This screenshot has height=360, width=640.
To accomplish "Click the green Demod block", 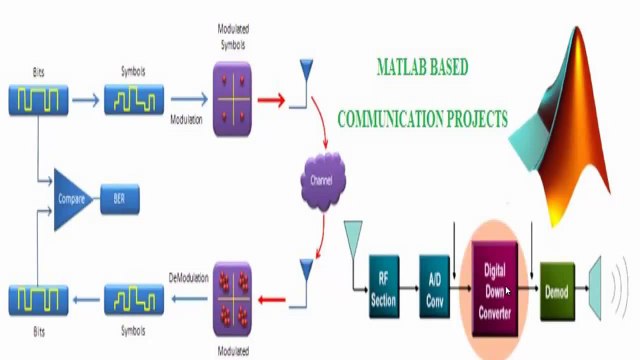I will pos(557,290).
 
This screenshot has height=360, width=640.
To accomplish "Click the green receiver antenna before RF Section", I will pos(353,238).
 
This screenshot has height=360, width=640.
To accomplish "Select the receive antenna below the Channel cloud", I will pos(305,274).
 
